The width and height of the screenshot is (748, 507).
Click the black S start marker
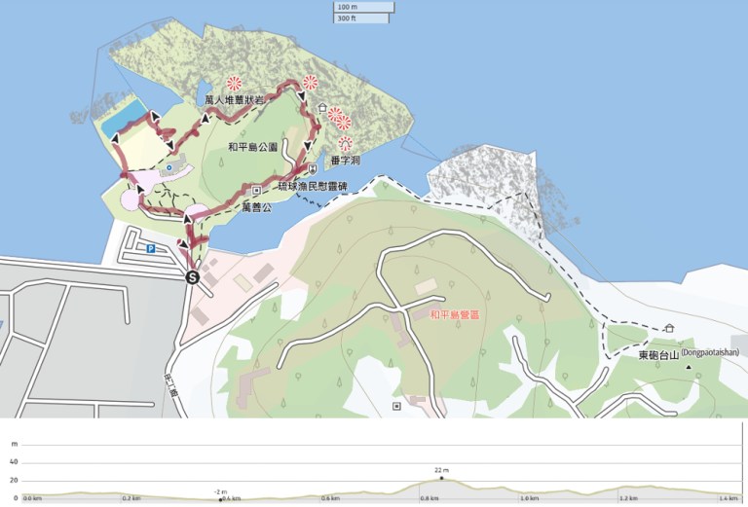point(193,277)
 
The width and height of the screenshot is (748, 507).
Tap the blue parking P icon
point(151,249)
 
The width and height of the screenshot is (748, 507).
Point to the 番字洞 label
point(346,161)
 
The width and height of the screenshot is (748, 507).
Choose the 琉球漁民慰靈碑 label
point(313,185)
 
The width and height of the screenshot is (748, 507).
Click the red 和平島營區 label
point(454,315)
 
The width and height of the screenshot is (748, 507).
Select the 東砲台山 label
point(656,355)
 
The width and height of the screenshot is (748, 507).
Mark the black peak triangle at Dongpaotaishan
point(689,368)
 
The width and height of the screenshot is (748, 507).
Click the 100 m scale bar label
point(347,7)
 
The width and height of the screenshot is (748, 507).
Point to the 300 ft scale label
point(347,18)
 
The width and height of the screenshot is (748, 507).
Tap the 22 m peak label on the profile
point(441,470)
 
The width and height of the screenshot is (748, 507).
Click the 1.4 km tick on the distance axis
point(726,499)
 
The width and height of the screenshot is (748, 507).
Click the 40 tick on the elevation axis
point(14,462)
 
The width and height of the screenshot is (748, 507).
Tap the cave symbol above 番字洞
point(345,143)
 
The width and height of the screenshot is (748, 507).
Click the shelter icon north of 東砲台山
point(670,329)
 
